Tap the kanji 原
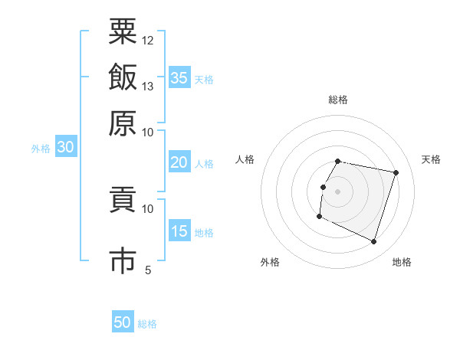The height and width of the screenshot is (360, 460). [x=123, y=123]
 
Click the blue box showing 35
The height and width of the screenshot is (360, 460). [x=179, y=77]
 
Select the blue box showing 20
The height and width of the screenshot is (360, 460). [x=179, y=162]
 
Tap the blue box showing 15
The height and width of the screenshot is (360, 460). [x=179, y=231]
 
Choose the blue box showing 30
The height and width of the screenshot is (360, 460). [x=65, y=148]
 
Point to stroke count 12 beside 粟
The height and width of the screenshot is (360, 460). [x=148, y=40]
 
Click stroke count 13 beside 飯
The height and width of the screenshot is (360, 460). [x=148, y=87]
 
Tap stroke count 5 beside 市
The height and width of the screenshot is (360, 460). [x=148, y=270]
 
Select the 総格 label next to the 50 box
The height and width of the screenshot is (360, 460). [x=147, y=324]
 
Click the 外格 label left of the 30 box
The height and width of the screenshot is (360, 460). [x=41, y=149]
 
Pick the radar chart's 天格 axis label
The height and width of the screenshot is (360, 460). [x=431, y=159]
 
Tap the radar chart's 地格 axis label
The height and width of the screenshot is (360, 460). [x=402, y=262]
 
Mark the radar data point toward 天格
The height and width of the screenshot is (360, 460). [x=396, y=173]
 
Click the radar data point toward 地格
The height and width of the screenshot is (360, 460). [x=374, y=242]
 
